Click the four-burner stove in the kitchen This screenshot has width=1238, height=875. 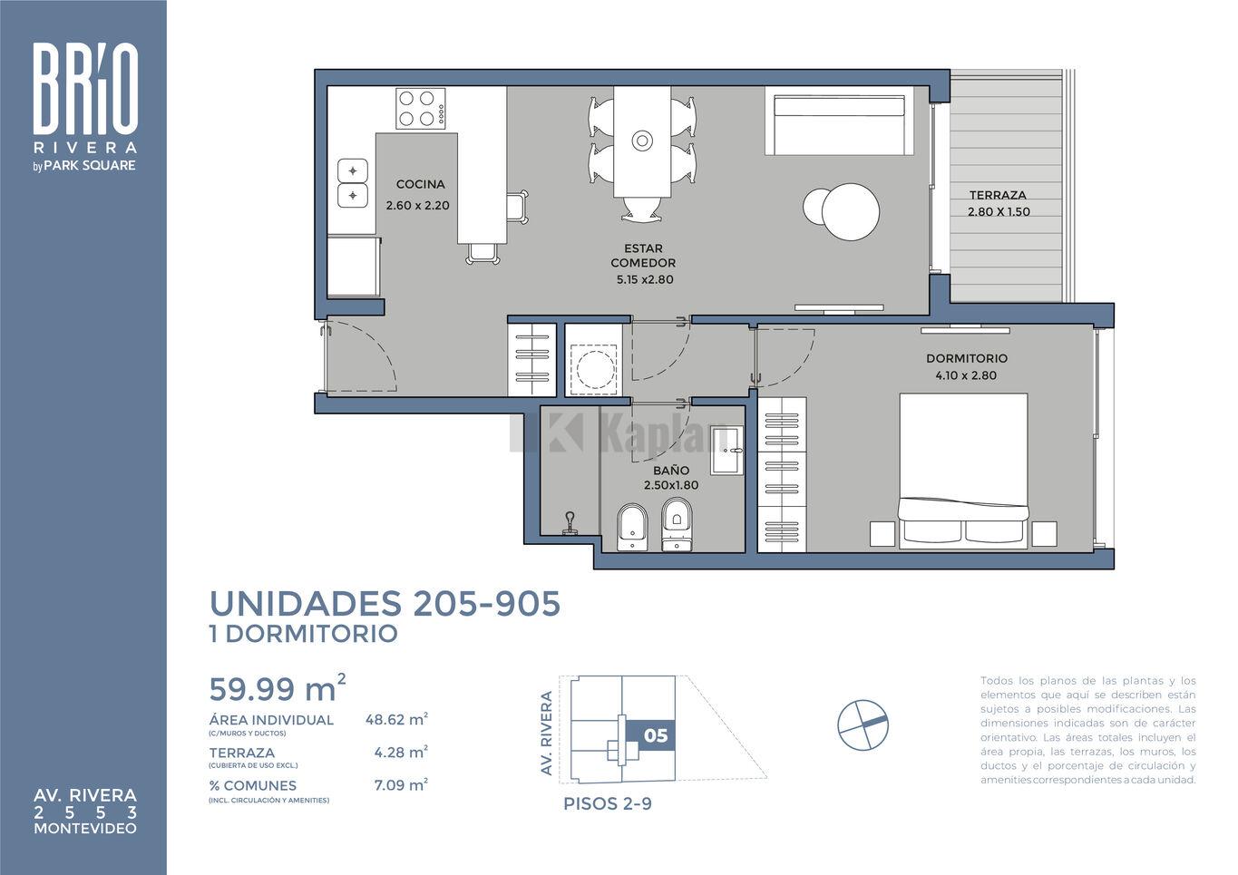coord(421,109)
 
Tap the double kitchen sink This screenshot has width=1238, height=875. coord(353,183)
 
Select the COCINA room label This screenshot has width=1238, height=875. coord(420,184)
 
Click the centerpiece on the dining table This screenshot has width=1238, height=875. coord(642,141)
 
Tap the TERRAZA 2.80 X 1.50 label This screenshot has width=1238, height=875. coord(999,203)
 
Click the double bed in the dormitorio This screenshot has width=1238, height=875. coord(963,471)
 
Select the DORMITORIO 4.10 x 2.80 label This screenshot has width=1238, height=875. coord(967,367)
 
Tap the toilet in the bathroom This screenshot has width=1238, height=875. coord(677,525)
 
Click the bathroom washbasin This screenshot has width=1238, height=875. coord(726,451)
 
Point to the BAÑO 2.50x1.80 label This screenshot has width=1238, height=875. coord(671,478)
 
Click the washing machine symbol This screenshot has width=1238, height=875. coord(593,369)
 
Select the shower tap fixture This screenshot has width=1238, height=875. coord(570,523)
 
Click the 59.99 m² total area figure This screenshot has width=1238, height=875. coord(278,688)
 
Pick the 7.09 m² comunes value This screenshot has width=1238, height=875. coord(401,785)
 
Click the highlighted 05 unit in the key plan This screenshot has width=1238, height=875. coord(651,735)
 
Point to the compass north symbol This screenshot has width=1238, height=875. coord(863,724)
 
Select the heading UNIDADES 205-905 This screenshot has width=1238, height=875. coord(385,603)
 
